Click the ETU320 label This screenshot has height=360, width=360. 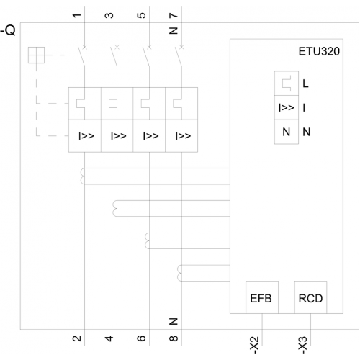tap(319, 51)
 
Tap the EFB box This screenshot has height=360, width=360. tap(262, 297)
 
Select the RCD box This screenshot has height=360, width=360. tap(310, 297)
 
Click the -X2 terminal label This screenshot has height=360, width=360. tap(255, 345)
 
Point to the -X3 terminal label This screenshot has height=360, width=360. tap(303, 345)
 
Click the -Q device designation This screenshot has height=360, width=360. tap(8, 30)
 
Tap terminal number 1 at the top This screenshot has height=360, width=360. tap(77, 15)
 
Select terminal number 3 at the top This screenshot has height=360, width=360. tap(109, 15)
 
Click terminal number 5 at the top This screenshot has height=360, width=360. tap(142, 15)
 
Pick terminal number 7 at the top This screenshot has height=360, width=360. tap(174, 15)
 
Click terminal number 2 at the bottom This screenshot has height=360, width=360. tap(77, 338)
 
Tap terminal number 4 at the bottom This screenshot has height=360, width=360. tap(109, 338)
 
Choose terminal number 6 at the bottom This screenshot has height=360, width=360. tap(142, 338)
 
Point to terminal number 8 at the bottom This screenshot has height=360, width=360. tap(174, 338)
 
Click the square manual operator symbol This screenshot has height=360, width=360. tap(36, 55)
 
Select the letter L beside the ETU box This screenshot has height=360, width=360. tap(305, 84)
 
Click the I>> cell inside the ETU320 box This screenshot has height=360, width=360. tap(287, 107)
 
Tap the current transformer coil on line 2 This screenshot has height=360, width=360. tap(83, 176)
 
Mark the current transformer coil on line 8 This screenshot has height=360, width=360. tap(179, 273)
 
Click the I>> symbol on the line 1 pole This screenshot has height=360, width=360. tap(86, 136)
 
